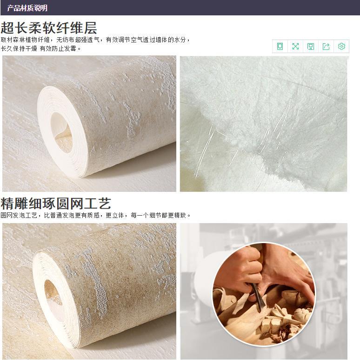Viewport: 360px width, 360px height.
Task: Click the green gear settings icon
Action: click(x=341, y=47)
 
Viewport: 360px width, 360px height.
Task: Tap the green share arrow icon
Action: click(x=326, y=47)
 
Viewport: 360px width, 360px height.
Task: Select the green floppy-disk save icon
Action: click(x=311, y=47)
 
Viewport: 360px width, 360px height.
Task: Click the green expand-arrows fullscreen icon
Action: click(x=295, y=47)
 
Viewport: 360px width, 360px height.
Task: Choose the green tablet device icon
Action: click(x=280, y=47)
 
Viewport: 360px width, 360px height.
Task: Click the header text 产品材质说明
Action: click(x=27, y=8)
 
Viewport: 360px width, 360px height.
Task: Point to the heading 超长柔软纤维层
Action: click(x=49, y=28)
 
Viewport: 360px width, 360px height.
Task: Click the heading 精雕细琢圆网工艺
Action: click(x=56, y=203)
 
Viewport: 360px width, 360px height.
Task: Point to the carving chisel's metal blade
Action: click(x=258, y=297)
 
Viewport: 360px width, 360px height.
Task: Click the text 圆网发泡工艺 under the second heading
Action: click(x=19, y=216)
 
